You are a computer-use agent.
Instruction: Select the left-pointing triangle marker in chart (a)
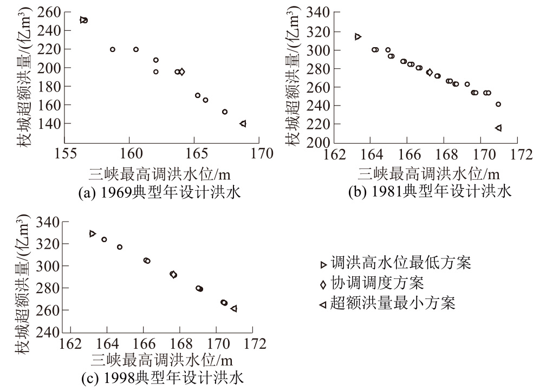[x=243, y=123]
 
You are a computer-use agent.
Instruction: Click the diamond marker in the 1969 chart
[x=181, y=71]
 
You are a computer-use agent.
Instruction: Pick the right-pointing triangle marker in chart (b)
[x=357, y=36]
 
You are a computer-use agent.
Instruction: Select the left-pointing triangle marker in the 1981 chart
[x=498, y=128]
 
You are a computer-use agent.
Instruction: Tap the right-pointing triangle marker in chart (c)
[x=93, y=233]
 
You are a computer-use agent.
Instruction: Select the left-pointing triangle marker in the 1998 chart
[x=233, y=309]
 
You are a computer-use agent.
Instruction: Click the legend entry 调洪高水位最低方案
[x=395, y=264]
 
